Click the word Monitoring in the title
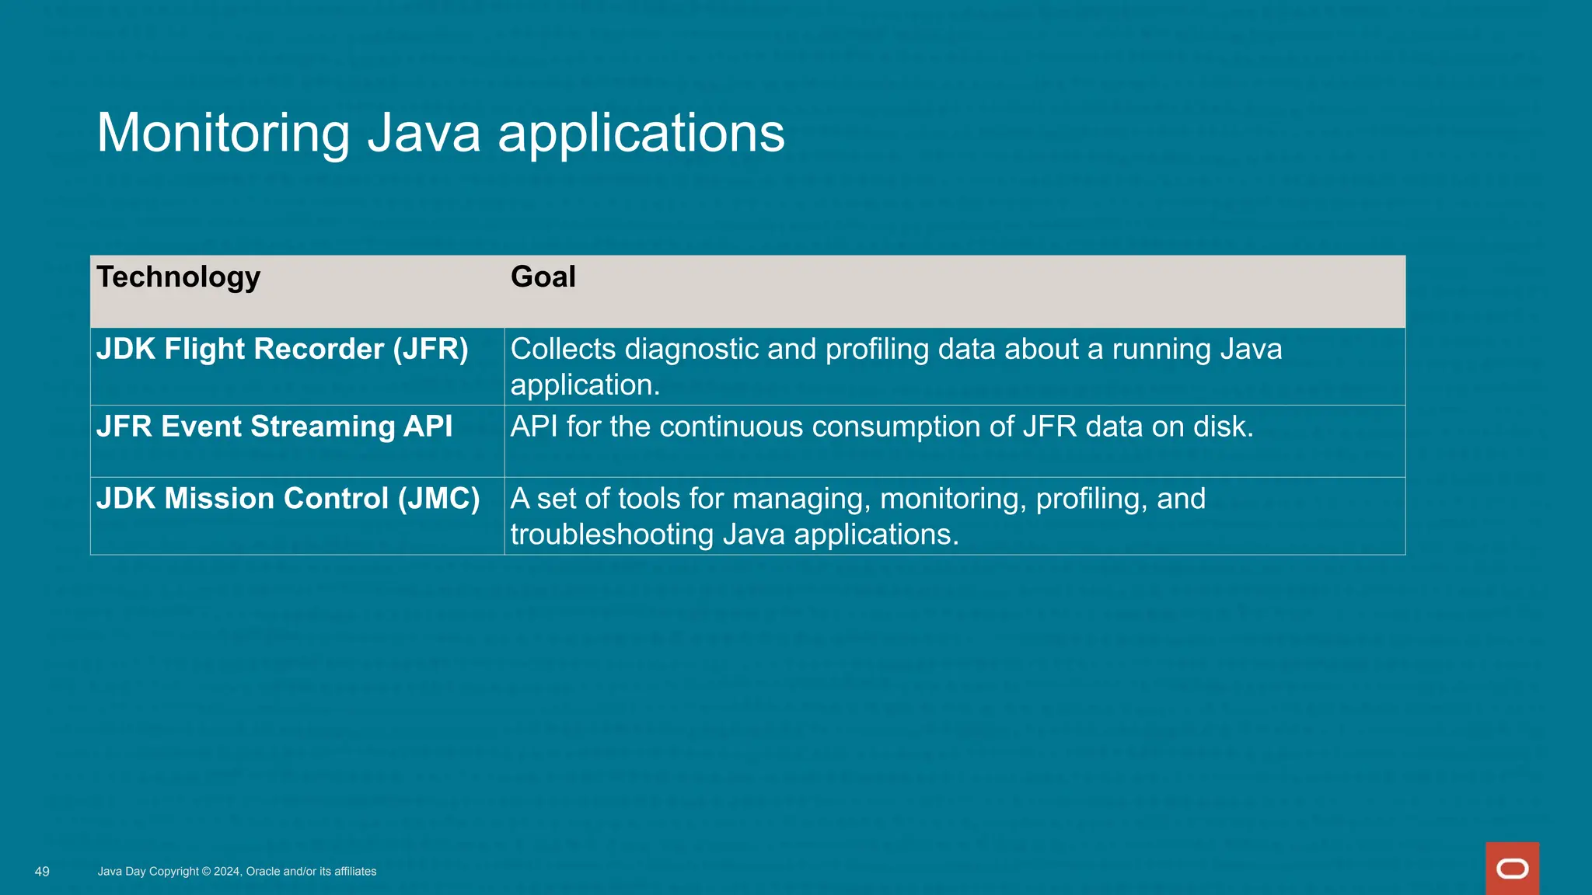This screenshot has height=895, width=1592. coord(223,133)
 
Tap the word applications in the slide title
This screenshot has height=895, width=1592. coord(641,133)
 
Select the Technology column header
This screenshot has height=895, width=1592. coord(178,277)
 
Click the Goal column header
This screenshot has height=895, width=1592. coord(543,277)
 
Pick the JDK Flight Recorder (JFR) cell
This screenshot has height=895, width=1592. coord(282,350)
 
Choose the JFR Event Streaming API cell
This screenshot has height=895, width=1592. coord(274,427)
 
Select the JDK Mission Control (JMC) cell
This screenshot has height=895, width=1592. coord(288,499)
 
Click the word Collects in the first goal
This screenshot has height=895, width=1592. coord(563,350)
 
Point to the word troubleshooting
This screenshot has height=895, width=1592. coord(612,535)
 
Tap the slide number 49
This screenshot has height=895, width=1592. coord(42,872)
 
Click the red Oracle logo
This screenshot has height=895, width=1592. coord(1512,869)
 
